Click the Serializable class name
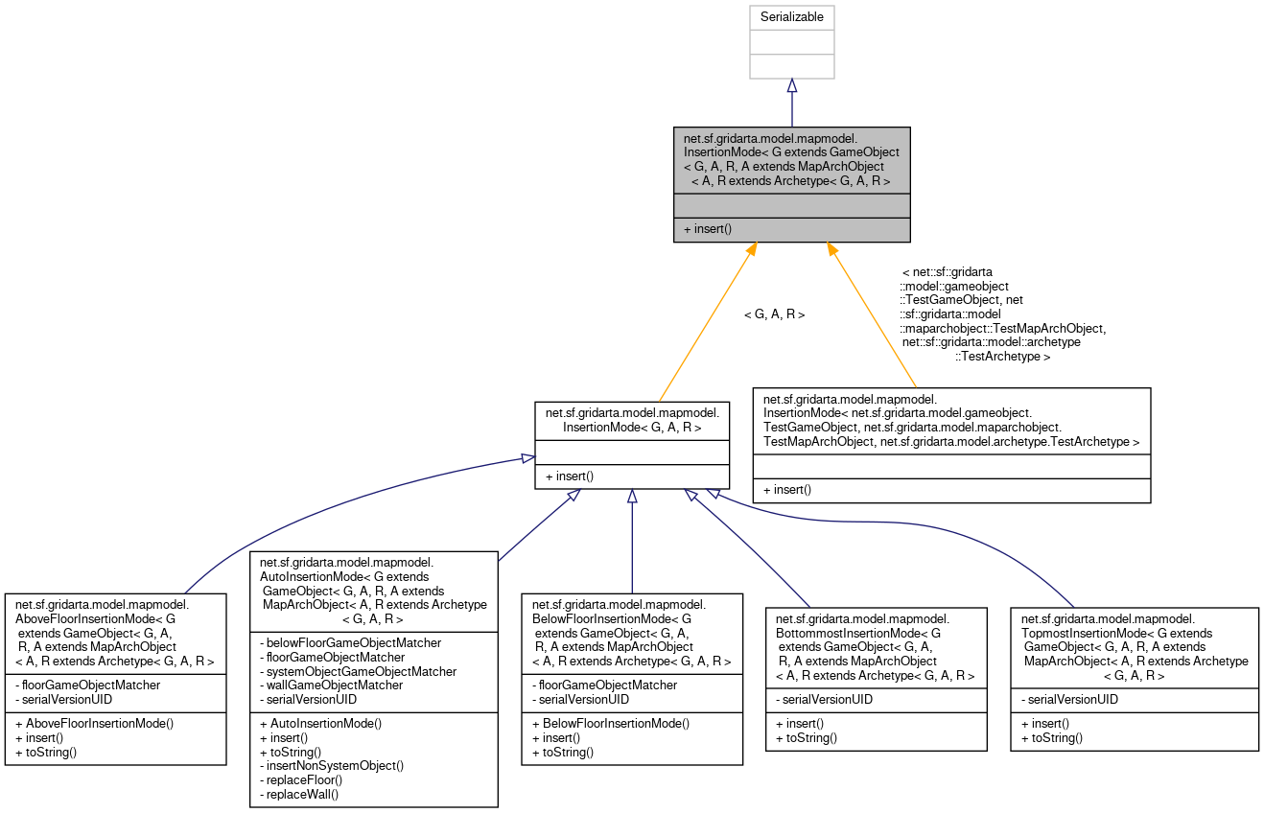(x=791, y=17)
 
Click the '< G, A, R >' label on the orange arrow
(x=774, y=314)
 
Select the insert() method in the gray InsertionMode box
(x=707, y=229)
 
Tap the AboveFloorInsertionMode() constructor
(x=94, y=722)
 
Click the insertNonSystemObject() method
(x=332, y=765)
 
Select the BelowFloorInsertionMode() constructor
(x=610, y=722)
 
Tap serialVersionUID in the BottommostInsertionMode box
(x=824, y=700)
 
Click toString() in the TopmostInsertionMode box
(x=1052, y=737)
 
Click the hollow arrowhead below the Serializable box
(x=791, y=86)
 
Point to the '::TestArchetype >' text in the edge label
(x=1002, y=357)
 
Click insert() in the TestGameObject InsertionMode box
(x=787, y=490)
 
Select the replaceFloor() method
(x=302, y=779)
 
